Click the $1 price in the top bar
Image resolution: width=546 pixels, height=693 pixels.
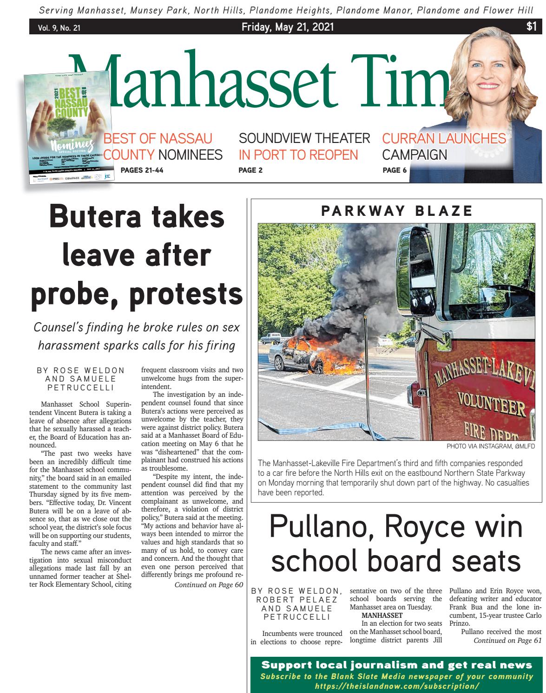(532, 27)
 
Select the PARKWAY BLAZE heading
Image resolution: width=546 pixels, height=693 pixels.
(396, 211)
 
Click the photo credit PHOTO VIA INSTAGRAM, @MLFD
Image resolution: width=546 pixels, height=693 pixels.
(491, 447)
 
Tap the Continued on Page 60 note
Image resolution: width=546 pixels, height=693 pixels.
(209, 585)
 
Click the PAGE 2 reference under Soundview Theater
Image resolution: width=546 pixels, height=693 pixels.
(250, 170)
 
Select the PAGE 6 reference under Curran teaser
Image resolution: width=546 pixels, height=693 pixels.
(395, 170)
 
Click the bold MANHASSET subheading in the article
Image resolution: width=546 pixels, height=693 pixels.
(382, 615)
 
